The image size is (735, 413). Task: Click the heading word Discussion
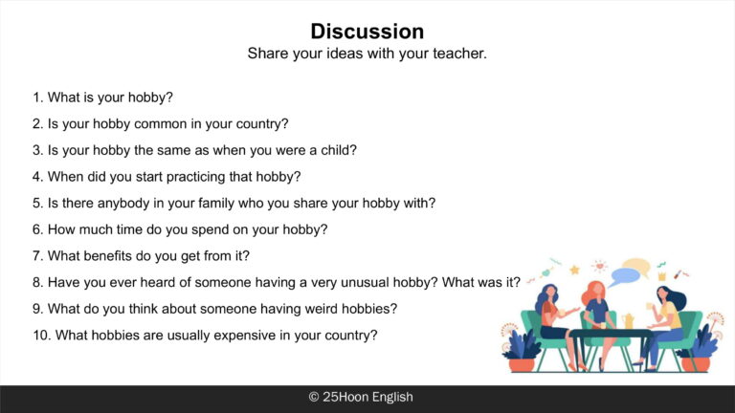click(x=367, y=32)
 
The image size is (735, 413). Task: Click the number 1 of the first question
click(x=37, y=98)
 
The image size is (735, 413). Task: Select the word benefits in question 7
click(x=91, y=256)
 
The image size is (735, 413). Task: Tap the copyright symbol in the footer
click(x=314, y=397)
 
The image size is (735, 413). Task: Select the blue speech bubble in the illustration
click(x=624, y=275)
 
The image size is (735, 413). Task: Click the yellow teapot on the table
click(x=628, y=321)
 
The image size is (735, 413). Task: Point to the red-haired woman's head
click(x=595, y=291)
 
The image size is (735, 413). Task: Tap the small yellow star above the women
click(x=574, y=270)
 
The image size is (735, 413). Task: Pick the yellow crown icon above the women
click(x=662, y=276)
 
